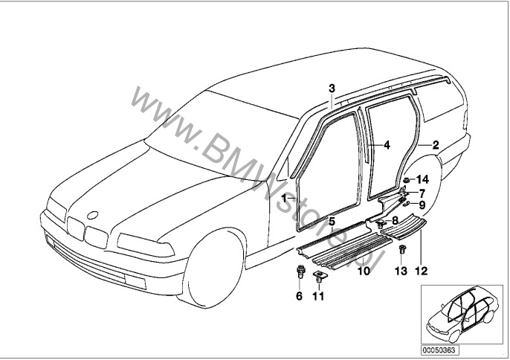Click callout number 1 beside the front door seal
tap(284, 199)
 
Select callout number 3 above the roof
tap(332, 89)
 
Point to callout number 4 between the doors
tap(387, 146)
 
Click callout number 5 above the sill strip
tap(332, 222)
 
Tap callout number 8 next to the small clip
tap(395, 220)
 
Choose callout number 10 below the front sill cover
tap(364, 272)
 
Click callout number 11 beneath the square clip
tap(320, 296)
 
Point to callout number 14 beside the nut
tap(422, 179)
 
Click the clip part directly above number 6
tap(301, 271)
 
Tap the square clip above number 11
tap(320, 276)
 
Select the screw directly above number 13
tap(402, 248)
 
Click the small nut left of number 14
tap(407, 181)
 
